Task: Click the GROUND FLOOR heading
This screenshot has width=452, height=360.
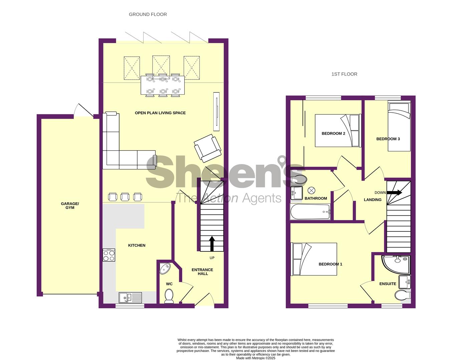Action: pos(148,14)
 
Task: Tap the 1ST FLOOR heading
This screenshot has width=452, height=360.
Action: pos(344,74)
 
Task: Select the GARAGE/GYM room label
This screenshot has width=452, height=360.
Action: pos(70,206)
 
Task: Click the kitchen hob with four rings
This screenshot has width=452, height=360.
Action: pos(109,255)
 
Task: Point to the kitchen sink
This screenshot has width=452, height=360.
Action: pos(130,298)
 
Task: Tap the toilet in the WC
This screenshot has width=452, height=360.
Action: pos(169,296)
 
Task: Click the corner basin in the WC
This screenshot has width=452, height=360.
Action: pos(165,269)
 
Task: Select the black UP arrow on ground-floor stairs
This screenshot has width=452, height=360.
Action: pos(212,244)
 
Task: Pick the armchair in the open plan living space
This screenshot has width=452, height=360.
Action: pos(208,148)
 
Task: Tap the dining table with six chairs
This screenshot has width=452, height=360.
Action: pos(163,85)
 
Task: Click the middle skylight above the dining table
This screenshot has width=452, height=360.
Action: pos(161,67)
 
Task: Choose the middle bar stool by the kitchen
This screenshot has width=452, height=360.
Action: pos(125,197)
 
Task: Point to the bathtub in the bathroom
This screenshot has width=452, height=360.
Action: pos(310,212)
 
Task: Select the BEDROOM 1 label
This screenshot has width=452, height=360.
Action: pos(330,264)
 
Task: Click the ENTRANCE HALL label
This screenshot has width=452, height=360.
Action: pos(203,272)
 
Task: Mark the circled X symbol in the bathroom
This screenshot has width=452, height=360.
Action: pos(311,190)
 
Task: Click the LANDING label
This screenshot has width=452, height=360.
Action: pos(373,200)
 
